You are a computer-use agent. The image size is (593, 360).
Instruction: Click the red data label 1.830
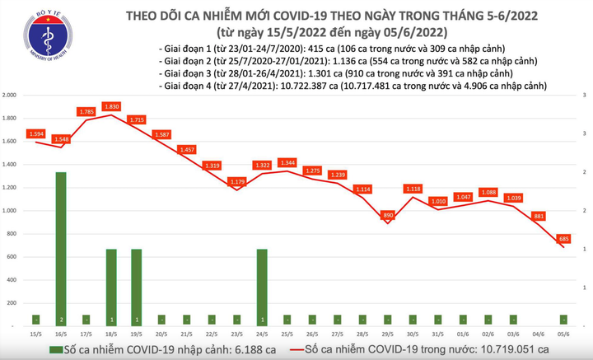pyautogui.click(x=111, y=106)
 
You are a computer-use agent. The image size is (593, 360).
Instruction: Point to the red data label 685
pyautogui.click(x=564, y=239)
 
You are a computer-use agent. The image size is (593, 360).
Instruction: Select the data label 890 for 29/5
pyautogui.click(x=388, y=215)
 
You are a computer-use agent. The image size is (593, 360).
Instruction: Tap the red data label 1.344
pyautogui.click(x=287, y=162)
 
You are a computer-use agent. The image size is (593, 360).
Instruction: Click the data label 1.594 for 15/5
pyautogui.click(x=36, y=133)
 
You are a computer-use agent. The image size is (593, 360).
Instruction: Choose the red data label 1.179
pyautogui.click(x=237, y=181)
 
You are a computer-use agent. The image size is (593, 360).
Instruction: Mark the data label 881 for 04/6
pyautogui.click(x=539, y=216)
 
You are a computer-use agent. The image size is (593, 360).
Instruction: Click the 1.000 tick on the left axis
pyautogui.click(x=11, y=211)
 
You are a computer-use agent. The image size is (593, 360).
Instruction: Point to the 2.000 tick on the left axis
pyautogui.click(x=11, y=96)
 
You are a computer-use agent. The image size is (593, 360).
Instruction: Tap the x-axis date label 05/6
pyautogui.click(x=563, y=334)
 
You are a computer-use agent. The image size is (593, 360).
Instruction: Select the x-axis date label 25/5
pyautogui.click(x=287, y=334)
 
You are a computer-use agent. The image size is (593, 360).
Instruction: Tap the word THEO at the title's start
pyautogui.click(x=142, y=16)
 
